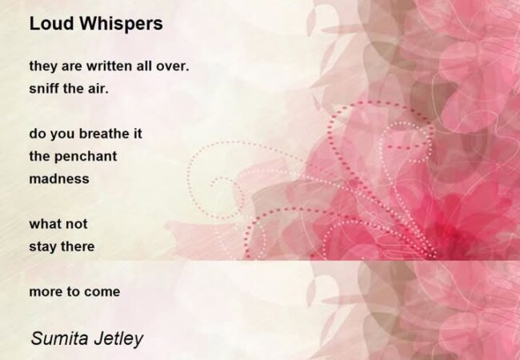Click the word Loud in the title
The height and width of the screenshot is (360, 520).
point(51,23)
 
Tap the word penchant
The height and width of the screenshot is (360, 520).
point(86,157)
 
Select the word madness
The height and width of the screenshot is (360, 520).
point(59,178)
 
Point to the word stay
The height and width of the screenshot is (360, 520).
point(42,247)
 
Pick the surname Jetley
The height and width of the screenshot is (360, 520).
point(118,339)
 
